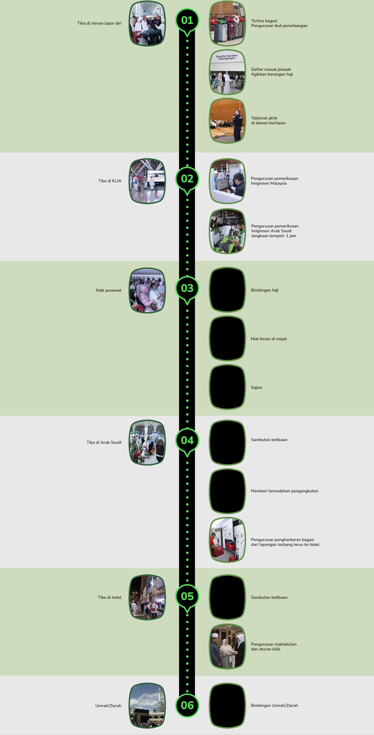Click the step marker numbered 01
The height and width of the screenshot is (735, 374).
click(x=187, y=20)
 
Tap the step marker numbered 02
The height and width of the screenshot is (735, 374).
click(x=187, y=179)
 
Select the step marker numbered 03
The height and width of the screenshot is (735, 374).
click(x=187, y=288)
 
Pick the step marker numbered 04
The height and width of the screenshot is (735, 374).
click(x=187, y=440)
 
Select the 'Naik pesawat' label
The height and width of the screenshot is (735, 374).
click(x=108, y=290)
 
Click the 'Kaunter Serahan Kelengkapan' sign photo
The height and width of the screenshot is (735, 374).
click(x=227, y=72)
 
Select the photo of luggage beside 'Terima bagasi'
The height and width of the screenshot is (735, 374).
click(x=227, y=23)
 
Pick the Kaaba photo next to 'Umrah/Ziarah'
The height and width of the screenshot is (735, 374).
click(x=147, y=705)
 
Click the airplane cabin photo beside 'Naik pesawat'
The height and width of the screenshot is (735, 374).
click(x=147, y=290)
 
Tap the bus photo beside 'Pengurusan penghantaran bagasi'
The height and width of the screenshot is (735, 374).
click(x=227, y=540)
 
